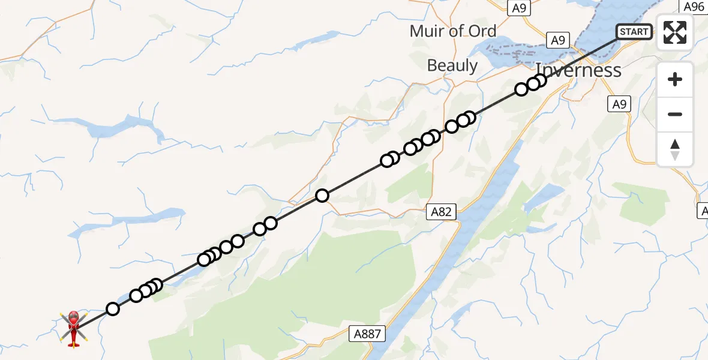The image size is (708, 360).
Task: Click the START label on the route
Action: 634,32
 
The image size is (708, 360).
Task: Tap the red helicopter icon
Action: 73,328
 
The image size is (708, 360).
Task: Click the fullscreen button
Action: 675,32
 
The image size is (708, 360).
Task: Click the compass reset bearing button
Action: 675,149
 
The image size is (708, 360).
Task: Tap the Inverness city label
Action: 578,70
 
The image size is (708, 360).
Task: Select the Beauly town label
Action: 452,65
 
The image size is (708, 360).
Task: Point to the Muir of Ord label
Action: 453,31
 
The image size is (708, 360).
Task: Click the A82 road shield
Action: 440,211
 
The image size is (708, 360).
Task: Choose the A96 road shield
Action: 694,7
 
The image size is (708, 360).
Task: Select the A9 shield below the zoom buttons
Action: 619,104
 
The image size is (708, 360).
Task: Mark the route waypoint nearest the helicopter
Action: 113,309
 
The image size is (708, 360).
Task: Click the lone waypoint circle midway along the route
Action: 322,196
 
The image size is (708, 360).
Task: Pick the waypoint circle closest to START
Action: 540,80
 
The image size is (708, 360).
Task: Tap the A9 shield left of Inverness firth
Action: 557,40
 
